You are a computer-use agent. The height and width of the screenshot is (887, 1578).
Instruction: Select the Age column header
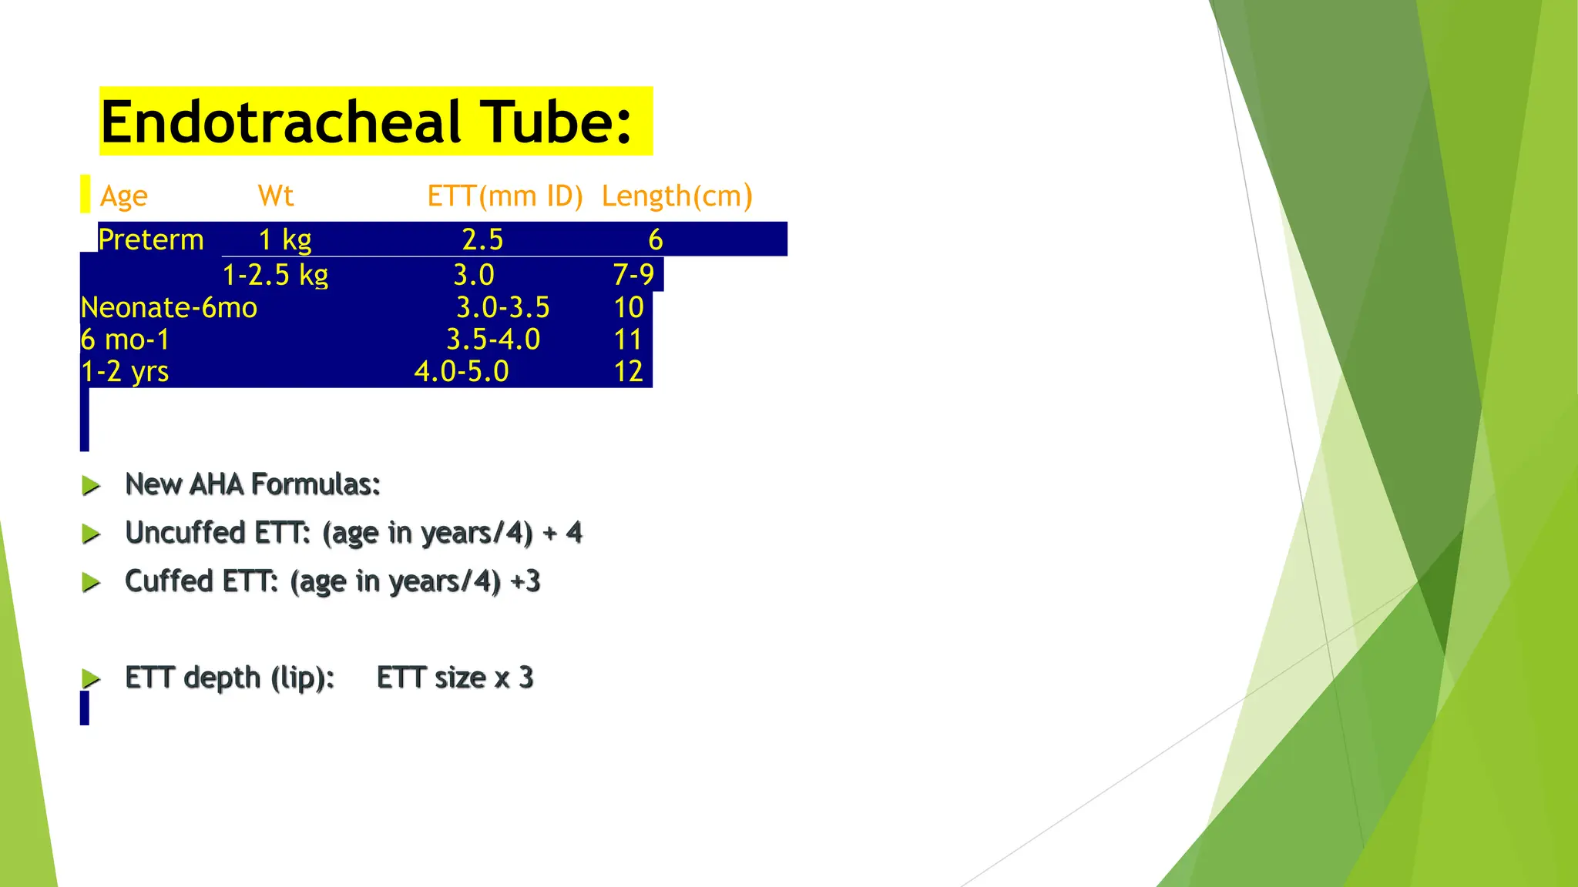(123, 197)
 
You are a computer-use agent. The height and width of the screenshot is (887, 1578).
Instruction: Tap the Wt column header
(276, 196)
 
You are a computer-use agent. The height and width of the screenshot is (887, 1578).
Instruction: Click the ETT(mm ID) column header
(505, 196)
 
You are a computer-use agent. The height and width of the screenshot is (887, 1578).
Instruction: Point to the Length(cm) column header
(677, 196)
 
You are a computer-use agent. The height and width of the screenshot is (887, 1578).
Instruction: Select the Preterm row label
(151, 239)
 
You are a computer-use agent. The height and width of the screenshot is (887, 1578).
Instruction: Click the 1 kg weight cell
(284, 239)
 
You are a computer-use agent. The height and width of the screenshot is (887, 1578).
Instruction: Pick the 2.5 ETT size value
(482, 239)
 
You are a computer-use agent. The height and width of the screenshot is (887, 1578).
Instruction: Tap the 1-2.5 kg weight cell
(275, 275)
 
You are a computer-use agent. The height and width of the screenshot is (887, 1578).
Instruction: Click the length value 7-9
(633, 275)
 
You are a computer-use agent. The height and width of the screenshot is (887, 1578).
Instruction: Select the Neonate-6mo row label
(169, 308)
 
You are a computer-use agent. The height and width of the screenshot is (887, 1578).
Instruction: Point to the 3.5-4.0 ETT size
(493, 340)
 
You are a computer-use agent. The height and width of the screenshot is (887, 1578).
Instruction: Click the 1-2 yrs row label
(125, 372)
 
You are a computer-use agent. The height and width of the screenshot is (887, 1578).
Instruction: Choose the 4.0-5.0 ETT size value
(462, 372)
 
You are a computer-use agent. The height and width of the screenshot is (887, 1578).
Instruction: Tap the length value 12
(628, 372)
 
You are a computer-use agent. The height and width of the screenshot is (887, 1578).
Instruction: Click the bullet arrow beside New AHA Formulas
(91, 485)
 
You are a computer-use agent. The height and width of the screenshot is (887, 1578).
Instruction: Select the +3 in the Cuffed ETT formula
(525, 581)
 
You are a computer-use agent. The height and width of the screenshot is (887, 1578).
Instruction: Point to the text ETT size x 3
(455, 678)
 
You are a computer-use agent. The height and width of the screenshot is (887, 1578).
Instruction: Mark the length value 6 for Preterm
(655, 239)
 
